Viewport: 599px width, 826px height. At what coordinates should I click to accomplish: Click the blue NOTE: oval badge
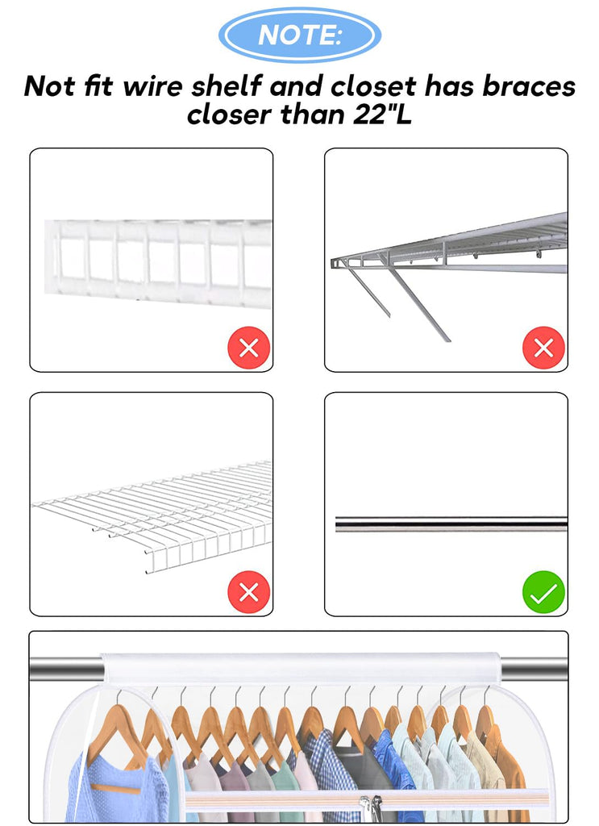click(300, 35)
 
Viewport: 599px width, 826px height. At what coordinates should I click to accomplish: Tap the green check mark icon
click(543, 592)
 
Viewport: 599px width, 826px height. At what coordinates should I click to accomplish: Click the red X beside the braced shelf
click(543, 348)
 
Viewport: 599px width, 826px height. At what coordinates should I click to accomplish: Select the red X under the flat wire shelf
click(249, 592)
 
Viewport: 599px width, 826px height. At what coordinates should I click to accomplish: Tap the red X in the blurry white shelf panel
click(249, 348)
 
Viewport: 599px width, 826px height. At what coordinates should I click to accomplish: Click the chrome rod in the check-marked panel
click(451, 524)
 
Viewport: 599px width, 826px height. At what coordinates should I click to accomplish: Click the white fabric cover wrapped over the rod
click(301, 668)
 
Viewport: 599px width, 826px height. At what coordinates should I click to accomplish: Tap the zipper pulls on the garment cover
click(371, 809)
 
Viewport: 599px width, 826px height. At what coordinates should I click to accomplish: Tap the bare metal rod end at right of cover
click(533, 670)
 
